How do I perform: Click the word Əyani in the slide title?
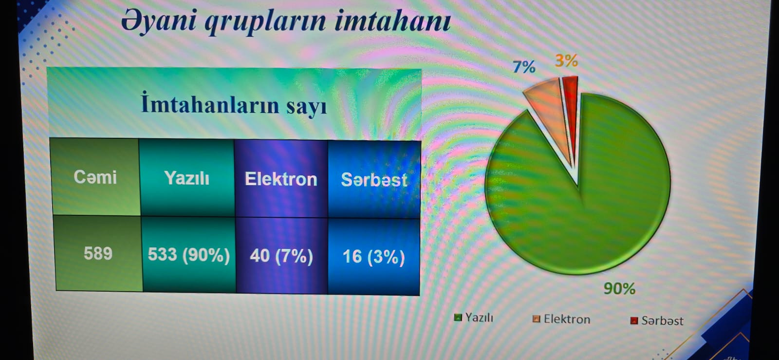(x=159, y=21)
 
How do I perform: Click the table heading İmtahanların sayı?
(x=234, y=104)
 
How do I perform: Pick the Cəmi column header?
(x=95, y=177)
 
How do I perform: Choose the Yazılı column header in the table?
(x=187, y=178)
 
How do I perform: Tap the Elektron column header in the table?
(x=281, y=179)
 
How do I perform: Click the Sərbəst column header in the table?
(x=374, y=180)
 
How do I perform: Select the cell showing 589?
(x=98, y=253)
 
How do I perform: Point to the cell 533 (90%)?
(x=189, y=255)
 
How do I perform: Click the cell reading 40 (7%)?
(x=281, y=256)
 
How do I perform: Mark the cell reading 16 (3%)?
(x=374, y=257)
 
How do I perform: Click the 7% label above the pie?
(x=524, y=67)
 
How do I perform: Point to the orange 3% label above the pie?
(x=567, y=60)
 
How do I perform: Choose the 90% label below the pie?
(x=619, y=288)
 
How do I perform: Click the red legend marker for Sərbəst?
(x=634, y=321)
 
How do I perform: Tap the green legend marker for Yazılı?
(x=458, y=317)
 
